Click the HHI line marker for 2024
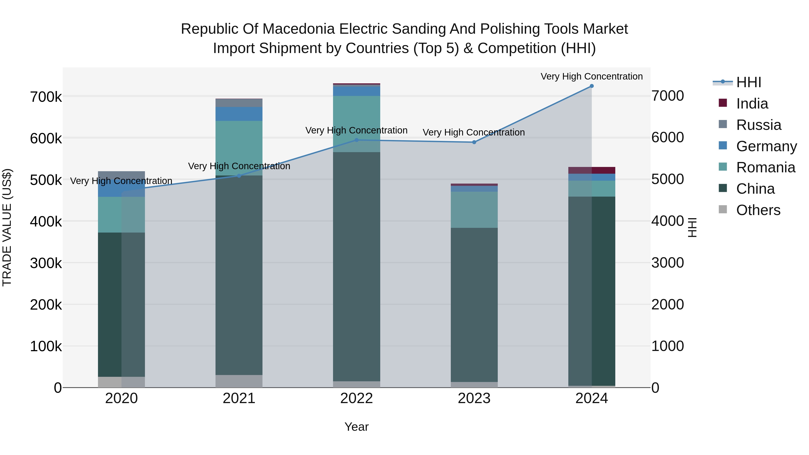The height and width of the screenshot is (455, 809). (591, 86)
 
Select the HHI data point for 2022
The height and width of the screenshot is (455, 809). (356, 140)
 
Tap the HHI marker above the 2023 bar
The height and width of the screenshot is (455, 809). (474, 142)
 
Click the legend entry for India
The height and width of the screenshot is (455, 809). (752, 104)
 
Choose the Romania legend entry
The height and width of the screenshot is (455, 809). (765, 167)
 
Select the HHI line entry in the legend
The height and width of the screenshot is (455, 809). (748, 82)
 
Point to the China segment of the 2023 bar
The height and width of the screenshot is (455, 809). (474, 305)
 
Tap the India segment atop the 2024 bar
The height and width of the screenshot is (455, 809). (591, 170)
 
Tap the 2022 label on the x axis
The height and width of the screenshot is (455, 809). (356, 398)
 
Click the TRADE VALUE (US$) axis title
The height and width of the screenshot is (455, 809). (7, 227)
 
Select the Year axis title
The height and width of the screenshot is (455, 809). (356, 427)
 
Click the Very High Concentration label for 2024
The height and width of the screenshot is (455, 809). (591, 76)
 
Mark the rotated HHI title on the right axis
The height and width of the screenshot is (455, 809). (692, 227)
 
